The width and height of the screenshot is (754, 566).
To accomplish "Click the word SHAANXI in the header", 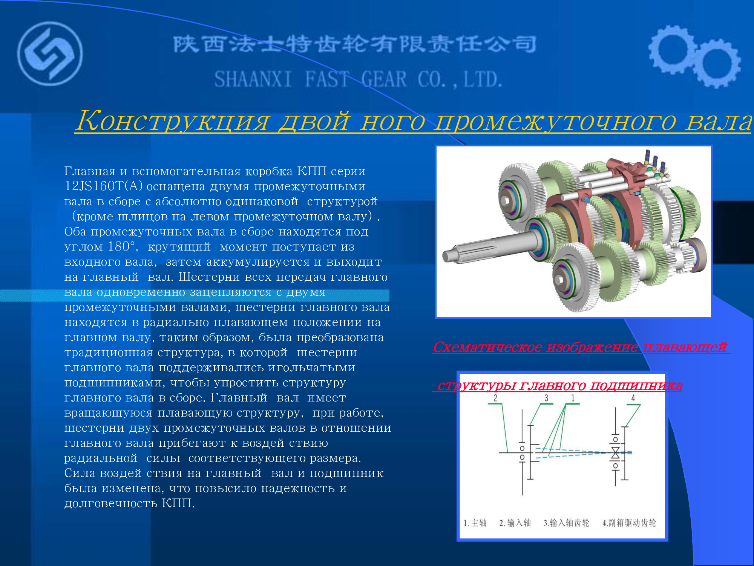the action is point(253,79).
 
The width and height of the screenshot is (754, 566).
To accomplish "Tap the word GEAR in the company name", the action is point(384,79).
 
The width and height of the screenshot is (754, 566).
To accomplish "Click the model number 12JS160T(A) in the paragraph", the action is point(103,186).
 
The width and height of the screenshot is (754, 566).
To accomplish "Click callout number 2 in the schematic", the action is point(495,398).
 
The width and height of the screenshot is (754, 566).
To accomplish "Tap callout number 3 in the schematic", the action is point(546,398).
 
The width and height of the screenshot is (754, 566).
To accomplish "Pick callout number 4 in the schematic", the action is point(633,398).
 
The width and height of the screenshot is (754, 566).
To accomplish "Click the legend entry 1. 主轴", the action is point(475,523).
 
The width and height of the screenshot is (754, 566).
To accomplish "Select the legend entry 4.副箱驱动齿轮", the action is point(629,523).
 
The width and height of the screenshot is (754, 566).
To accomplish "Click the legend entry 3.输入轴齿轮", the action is point(566,523).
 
